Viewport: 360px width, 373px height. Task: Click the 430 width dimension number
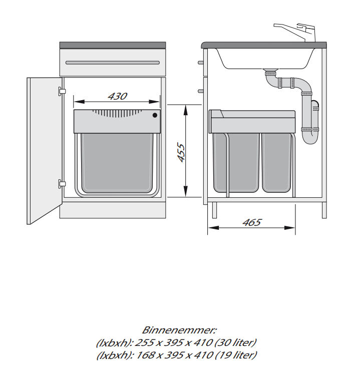[x=117, y=96]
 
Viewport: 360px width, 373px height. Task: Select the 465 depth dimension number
[x=252, y=222]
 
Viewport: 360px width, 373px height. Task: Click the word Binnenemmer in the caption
[x=179, y=330]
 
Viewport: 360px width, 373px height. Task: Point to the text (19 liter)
[x=233, y=355]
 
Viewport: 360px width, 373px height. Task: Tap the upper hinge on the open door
[x=62, y=91]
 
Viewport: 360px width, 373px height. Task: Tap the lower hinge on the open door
[x=62, y=183]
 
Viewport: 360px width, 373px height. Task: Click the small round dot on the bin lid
[x=155, y=115]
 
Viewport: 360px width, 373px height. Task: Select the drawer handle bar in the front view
[x=113, y=62]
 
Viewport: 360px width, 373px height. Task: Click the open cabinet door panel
[x=44, y=150]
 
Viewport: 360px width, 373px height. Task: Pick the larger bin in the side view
[x=236, y=163]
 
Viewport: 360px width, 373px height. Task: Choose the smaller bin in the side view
[x=276, y=163]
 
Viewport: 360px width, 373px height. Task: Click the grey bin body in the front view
[x=117, y=163]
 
